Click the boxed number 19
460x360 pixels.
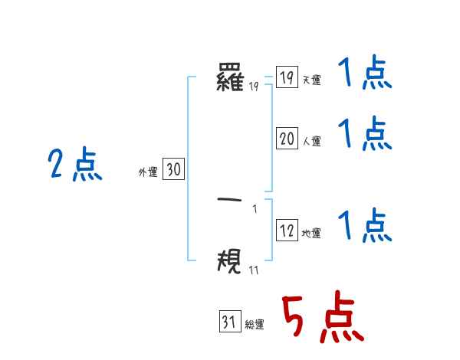click(x=287, y=78)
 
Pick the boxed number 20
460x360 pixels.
click(x=287, y=139)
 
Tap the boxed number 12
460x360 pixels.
click(x=287, y=231)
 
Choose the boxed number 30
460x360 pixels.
click(x=173, y=170)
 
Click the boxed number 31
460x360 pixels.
click(x=229, y=322)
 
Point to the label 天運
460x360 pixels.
click(x=312, y=80)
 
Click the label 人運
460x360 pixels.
click(x=312, y=141)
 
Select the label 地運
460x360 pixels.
click(x=312, y=233)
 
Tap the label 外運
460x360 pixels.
click(x=148, y=172)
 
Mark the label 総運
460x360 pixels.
click(x=255, y=325)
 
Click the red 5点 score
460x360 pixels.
click(x=322, y=319)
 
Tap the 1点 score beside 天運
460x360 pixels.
click(x=365, y=75)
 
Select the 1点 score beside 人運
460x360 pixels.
click(x=365, y=135)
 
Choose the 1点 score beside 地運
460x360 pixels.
click(x=365, y=226)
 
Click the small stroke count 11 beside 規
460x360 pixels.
click(x=254, y=269)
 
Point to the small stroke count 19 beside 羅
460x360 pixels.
click(x=254, y=86)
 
